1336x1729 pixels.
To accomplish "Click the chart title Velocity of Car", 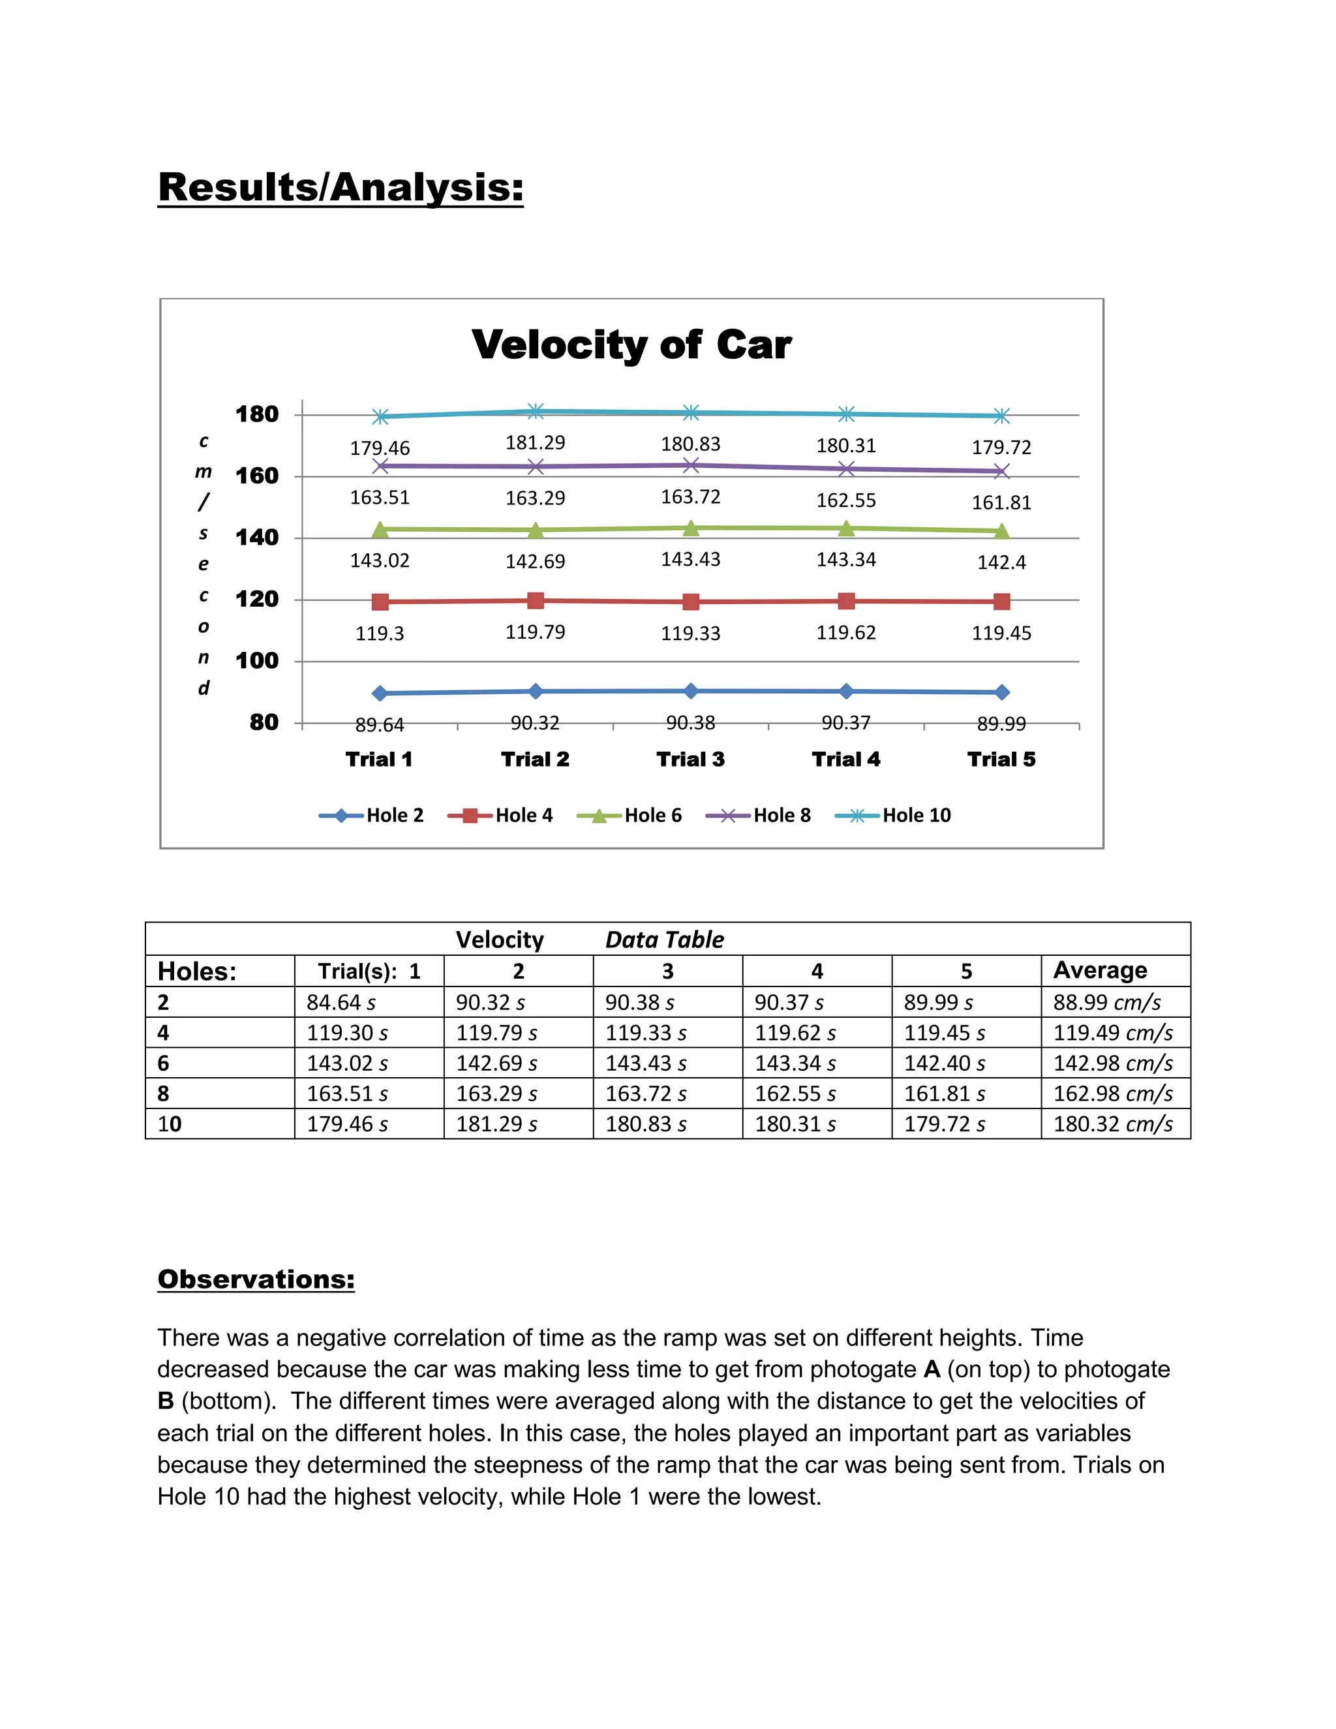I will (631, 344).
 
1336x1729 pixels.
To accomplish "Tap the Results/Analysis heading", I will (341, 188).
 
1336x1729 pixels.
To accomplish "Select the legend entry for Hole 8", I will (758, 816).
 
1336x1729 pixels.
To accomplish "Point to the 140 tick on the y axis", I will (257, 538).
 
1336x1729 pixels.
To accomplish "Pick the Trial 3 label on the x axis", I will (690, 759).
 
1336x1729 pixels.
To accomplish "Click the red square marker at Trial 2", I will (535, 600).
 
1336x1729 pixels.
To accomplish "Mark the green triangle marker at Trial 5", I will (1001, 531).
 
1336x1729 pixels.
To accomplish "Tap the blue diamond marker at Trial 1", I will (380, 693).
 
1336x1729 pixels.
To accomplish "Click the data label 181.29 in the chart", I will (535, 442).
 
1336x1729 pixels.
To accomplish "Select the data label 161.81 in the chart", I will (1001, 502).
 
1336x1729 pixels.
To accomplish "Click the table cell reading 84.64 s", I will (341, 1002).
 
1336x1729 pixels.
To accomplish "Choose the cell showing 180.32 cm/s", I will (1112, 1124).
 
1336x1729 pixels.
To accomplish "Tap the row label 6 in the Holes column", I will (163, 1063).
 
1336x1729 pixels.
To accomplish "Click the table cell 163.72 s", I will (645, 1094).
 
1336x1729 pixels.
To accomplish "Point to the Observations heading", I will (256, 1279).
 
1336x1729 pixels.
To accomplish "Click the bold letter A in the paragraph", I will (932, 1369).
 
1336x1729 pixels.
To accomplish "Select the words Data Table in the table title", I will (664, 940).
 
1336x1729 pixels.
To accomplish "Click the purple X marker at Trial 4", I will (846, 468).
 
